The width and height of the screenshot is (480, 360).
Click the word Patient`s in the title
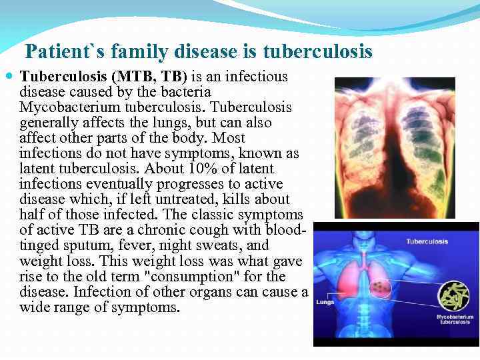65,51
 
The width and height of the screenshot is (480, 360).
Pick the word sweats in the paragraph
220,245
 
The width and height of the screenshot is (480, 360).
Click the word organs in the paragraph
191,291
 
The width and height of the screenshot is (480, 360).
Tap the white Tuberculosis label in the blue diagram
427,241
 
